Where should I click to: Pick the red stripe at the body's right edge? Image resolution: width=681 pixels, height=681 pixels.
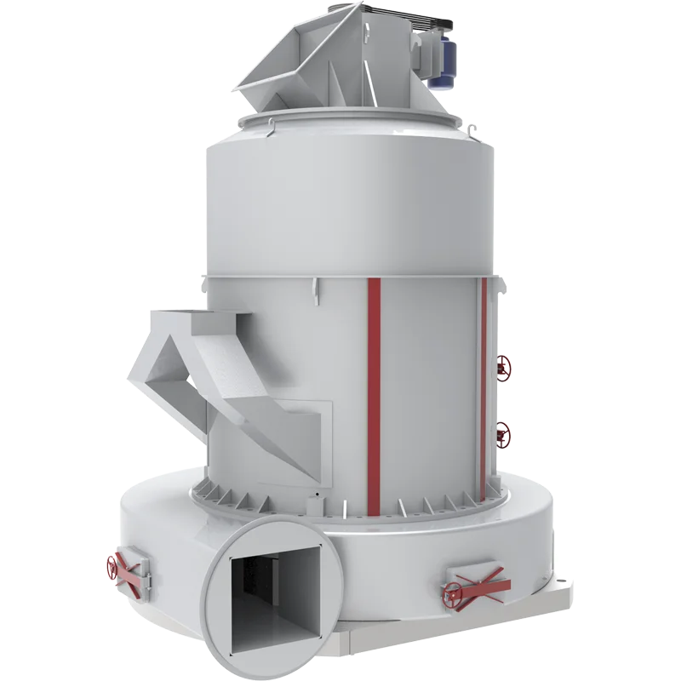click(x=484, y=383)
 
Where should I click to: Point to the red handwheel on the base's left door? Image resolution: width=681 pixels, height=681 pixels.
click(x=113, y=566)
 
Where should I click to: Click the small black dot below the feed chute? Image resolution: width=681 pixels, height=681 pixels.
click(x=314, y=494)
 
